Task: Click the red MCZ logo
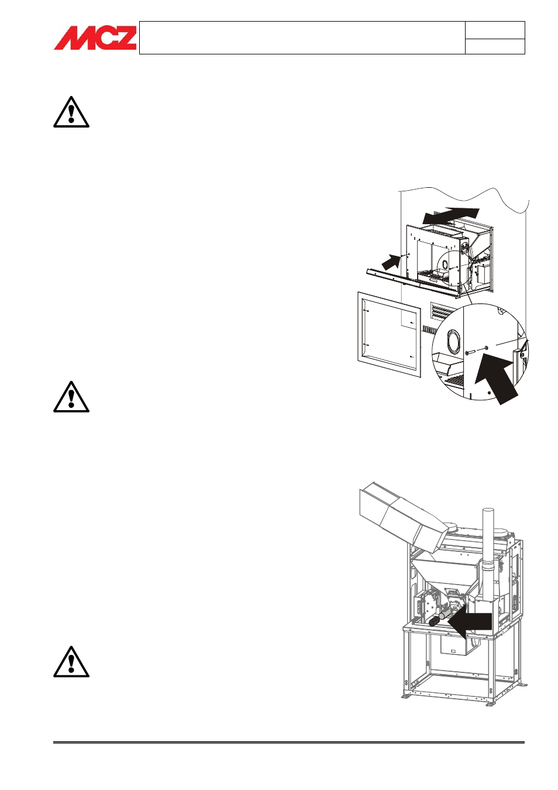(x=95, y=37)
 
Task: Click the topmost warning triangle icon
(x=71, y=112)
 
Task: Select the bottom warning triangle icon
(x=71, y=662)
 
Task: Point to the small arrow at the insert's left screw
(x=391, y=263)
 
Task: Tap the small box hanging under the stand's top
(x=456, y=650)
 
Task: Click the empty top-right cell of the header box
(x=495, y=30)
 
